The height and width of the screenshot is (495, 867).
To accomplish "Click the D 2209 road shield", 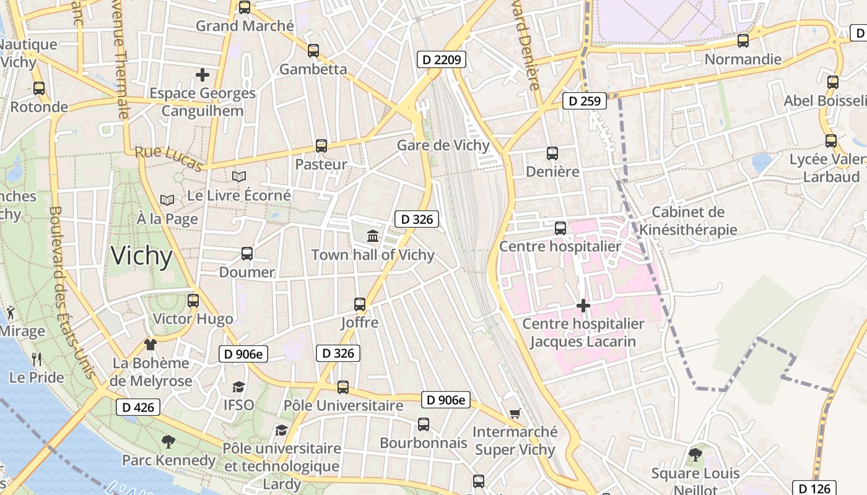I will [442, 59].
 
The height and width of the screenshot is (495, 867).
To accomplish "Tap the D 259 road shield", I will [585, 100].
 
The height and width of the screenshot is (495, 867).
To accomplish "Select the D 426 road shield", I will [138, 407].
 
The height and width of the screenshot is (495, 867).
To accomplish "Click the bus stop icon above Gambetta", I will [313, 51].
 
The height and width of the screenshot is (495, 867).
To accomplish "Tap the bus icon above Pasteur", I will [321, 146].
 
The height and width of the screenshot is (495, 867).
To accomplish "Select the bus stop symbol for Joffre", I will [360, 304].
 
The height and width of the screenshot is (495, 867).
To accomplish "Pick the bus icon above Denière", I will [552, 153].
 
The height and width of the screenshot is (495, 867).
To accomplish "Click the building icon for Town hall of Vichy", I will [373, 236].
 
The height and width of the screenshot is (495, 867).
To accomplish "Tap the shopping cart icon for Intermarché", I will [515, 413].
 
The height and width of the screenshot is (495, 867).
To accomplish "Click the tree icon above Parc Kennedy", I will [168, 442].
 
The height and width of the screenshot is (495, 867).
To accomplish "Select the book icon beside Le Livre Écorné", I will [239, 177].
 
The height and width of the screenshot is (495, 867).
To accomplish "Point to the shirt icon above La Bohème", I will [150, 344].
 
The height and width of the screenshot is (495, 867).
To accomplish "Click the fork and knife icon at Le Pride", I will [37, 358].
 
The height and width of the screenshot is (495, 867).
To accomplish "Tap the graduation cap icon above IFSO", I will [238, 387].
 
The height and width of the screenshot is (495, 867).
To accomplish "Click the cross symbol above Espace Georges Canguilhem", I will [203, 75].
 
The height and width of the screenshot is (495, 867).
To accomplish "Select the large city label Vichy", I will [142, 256].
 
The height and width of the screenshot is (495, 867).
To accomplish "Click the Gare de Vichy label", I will [443, 145].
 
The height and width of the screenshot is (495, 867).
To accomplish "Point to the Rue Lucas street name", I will [169, 159].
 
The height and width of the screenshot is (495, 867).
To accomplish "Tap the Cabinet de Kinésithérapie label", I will [688, 221].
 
